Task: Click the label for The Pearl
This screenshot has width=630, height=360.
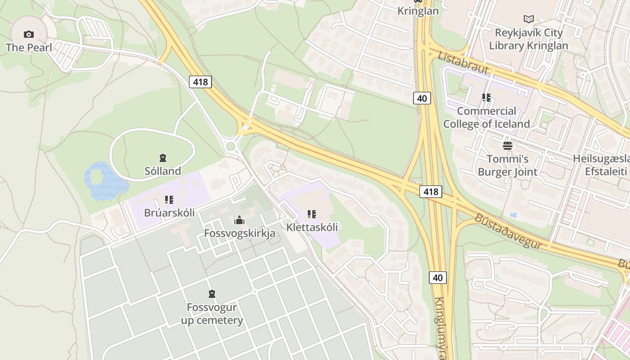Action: [x=29, y=47]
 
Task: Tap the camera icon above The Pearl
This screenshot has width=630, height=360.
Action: [x=29, y=34]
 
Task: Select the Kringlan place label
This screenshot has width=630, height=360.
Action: [x=418, y=11]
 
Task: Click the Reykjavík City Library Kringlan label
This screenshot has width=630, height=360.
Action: [x=528, y=39]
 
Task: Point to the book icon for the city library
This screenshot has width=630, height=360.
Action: [x=529, y=19]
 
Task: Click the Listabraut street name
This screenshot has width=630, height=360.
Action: [x=463, y=63]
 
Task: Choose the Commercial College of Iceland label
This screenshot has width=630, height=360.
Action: [x=486, y=117]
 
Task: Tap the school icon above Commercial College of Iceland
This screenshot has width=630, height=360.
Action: [x=486, y=97]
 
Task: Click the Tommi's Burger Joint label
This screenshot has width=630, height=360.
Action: [x=508, y=165]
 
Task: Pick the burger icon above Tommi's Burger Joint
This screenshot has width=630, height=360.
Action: [x=508, y=145]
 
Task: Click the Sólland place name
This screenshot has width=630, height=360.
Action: [x=163, y=171]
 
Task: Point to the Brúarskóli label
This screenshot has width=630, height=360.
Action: [x=169, y=213]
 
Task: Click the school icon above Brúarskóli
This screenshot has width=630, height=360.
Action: [x=169, y=199]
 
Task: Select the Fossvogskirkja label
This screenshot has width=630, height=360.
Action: [x=239, y=234]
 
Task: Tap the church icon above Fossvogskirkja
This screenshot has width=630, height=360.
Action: [x=239, y=220]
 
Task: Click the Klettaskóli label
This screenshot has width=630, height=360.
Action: [x=312, y=227]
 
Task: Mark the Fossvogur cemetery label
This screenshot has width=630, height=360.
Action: [x=212, y=314]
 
